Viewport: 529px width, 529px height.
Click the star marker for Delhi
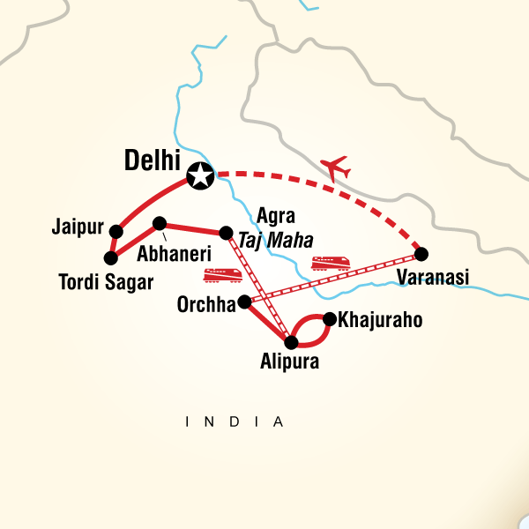pyautogui.click(x=201, y=175)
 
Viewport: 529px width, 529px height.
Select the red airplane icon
pyautogui.click(x=336, y=166)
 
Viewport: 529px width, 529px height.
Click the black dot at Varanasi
pyautogui.click(x=421, y=254)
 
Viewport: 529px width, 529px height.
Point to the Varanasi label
pyautogui.click(x=432, y=279)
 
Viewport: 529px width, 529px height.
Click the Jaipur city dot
pyautogui.click(x=115, y=231)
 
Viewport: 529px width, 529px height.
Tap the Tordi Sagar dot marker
pyautogui.click(x=111, y=258)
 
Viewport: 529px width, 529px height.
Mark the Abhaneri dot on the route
pyautogui.click(x=160, y=223)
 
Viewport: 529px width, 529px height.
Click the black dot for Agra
pyautogui.click(x=226, y=233)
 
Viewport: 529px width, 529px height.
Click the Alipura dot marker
pyautogui.click(x=292, y=341)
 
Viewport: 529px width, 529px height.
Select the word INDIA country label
pyautogui.click(x=235, y=422)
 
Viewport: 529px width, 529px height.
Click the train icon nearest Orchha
pyautogui.click(x=223, y=276)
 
